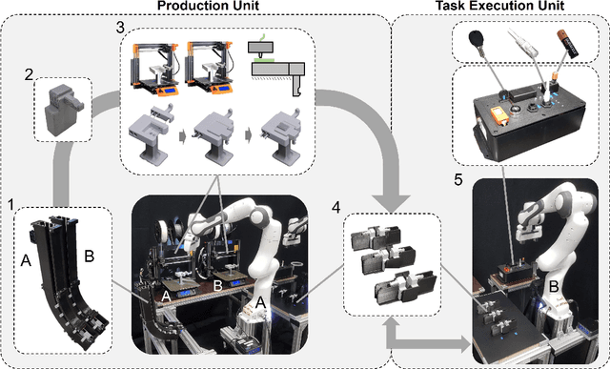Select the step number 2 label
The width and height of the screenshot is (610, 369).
pos(29,72)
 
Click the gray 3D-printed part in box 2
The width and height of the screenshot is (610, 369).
pos(62,106)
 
